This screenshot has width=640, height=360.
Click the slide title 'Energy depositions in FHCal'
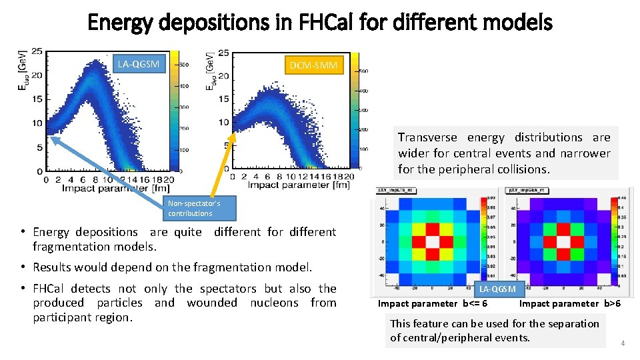pos(320,23)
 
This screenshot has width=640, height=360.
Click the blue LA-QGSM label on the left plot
pos(138,64)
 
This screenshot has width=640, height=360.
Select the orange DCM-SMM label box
pos(314,65)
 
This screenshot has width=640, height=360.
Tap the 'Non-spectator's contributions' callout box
pos(200,208)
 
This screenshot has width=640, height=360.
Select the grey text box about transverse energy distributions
pos(504,153)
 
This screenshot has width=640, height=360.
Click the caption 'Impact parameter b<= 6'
pos(432,303)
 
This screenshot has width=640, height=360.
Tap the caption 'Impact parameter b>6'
pos(570,303)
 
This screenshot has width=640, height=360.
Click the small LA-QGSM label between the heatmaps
pos(497,289)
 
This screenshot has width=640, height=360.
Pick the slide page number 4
pos(623,343)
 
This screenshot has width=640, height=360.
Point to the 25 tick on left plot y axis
pos(38,51)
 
